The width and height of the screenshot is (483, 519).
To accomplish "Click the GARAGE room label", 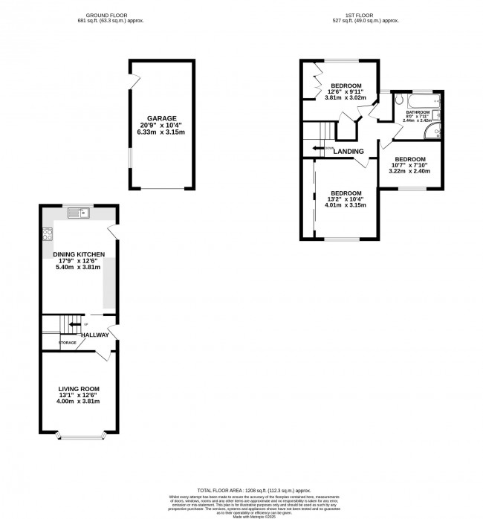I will [x=161, y=118].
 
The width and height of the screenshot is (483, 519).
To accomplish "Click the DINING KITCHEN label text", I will [x=79, y=255].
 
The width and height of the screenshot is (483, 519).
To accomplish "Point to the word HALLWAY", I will [x=95, y=335].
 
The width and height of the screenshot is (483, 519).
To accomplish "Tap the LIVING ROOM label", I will [x=79, y=389].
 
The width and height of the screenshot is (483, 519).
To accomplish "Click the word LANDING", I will [x=349, y=152].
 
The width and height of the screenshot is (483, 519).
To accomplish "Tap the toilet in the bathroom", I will [x=400, y=100].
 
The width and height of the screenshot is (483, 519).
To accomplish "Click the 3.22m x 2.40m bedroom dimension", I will [x=409, y=172].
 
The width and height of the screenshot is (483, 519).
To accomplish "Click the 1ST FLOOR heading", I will [x=365, y=15].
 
